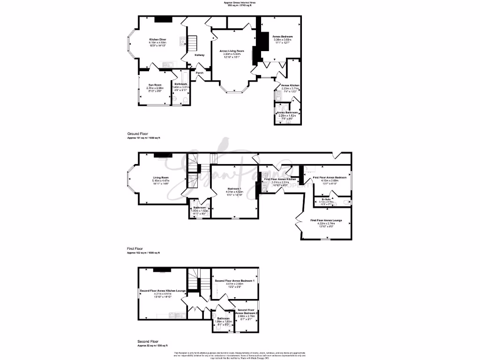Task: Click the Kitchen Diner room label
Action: (x=157, y=39)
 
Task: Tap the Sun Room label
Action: (x=155, y=85)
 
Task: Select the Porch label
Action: (x=200, y=73)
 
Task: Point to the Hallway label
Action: (x=199, y=55)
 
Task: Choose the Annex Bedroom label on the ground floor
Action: (x=283, y=37)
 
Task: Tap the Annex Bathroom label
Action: (x=287, y=112)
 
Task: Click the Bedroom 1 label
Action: (x=234, y=188)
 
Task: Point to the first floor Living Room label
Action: (x=160, y=178)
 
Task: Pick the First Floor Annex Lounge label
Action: (x=326, y=220)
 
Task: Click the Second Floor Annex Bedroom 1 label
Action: (x=234, y=280)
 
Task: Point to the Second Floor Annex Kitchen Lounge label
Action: (x=163, y=291)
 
